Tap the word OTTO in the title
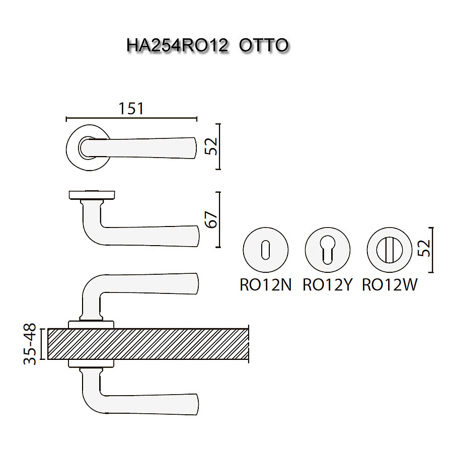coord(263,45)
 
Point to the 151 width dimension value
coord(131,108)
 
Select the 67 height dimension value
coord(211,219)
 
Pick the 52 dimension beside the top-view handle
coord(211,146)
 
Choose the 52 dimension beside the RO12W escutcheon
coord(425,248)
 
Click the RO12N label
coord(265,285)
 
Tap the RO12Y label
coord(327,285)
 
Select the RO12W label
coord(390,285)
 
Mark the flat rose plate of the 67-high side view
coord(92,194)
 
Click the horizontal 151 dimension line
coord(131,119)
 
